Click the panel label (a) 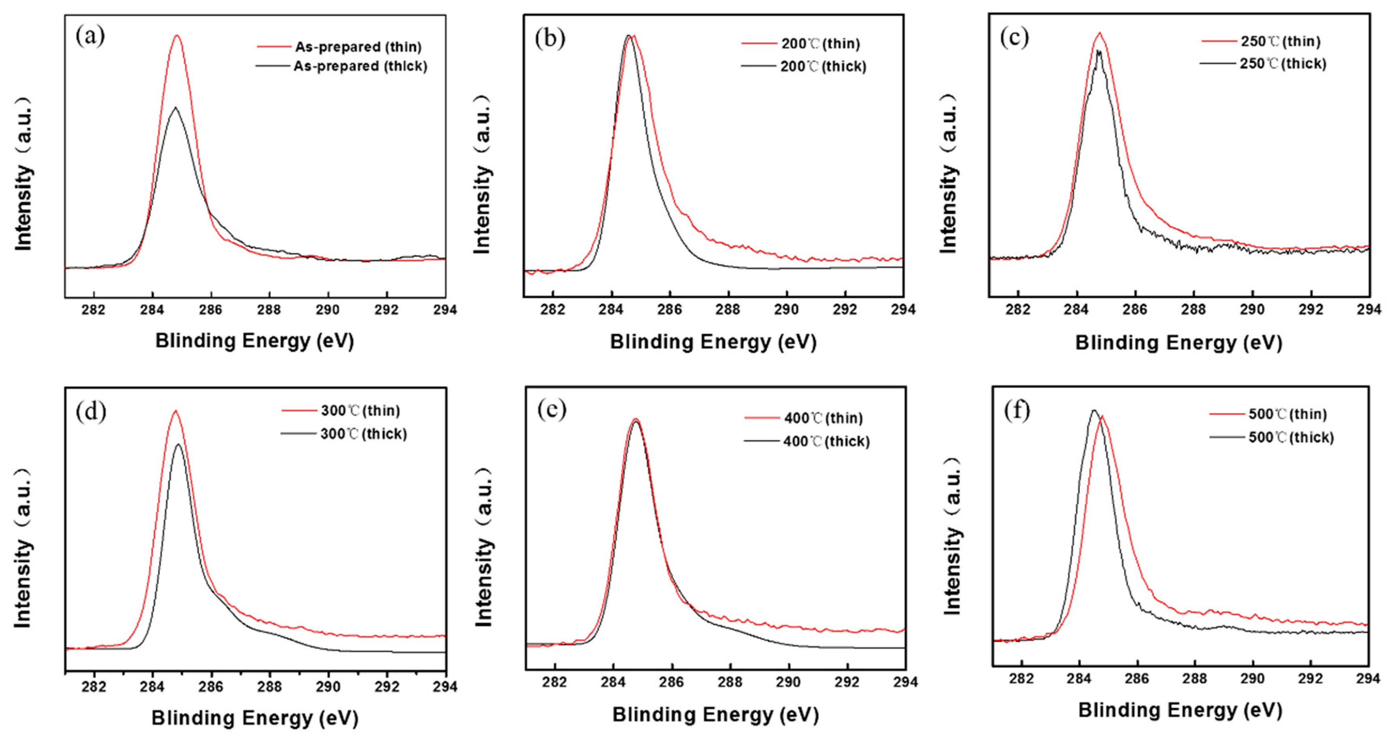click(90, 37)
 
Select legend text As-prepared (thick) click(360, 66)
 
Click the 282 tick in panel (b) click(553, 310)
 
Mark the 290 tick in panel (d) click(328, 687)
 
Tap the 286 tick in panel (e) click(671, 682)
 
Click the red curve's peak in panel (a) click(177, 36)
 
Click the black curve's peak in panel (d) click(179, 445)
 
